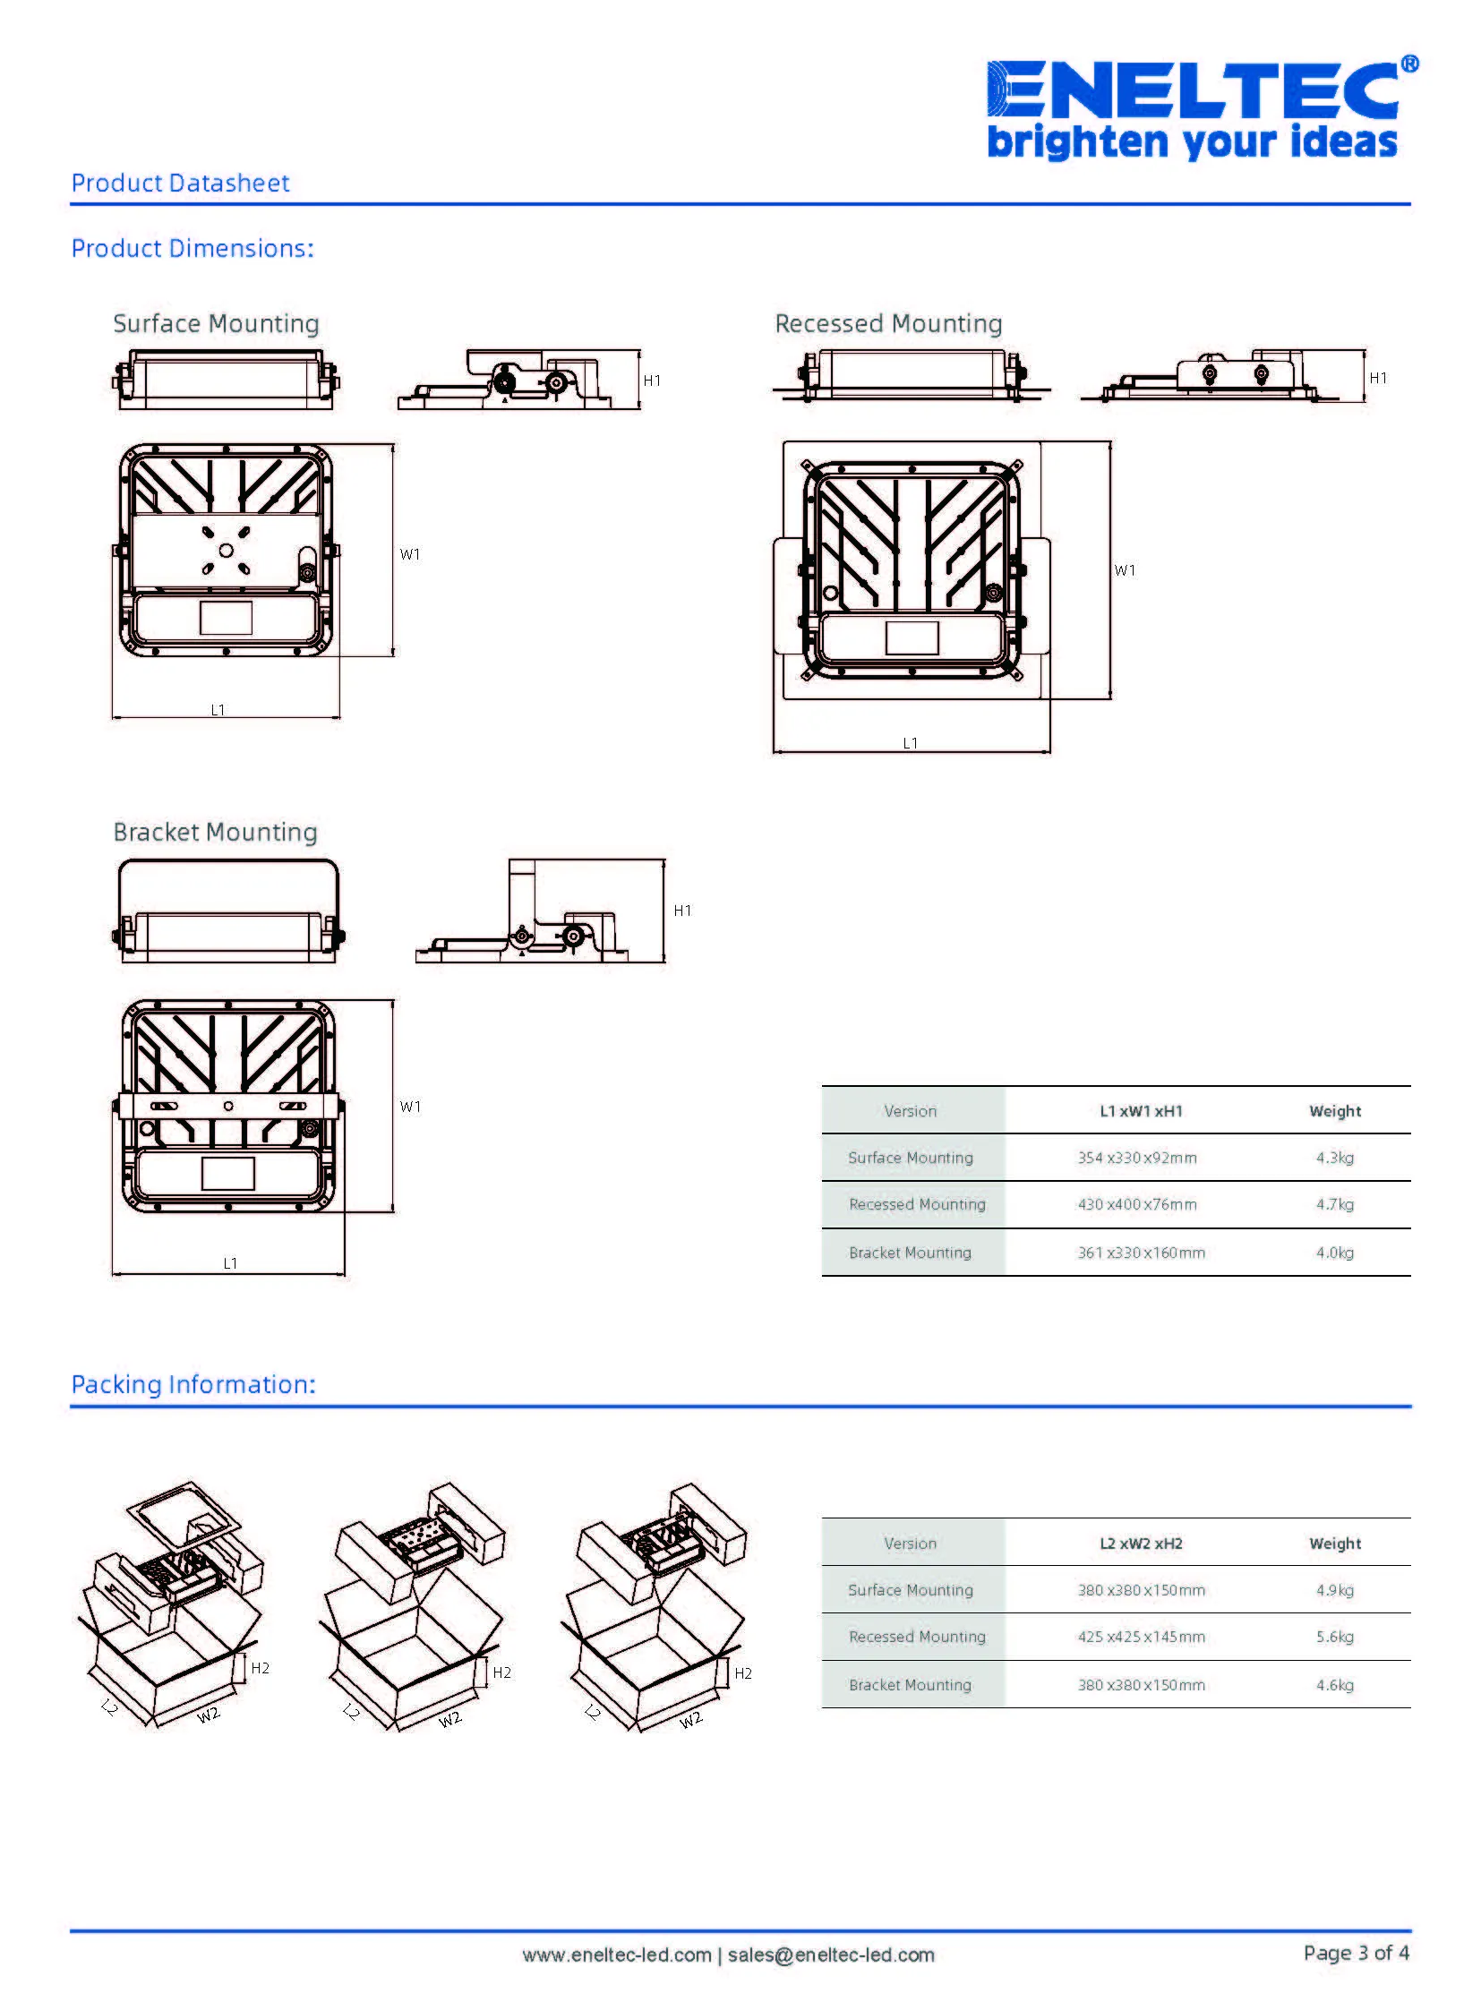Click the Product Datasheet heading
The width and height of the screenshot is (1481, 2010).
pos(180,183)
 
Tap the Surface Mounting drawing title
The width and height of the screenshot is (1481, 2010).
pos(216,323)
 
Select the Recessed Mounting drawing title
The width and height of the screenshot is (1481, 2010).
pos(888,323)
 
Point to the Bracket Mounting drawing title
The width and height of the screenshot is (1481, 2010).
pos(215,832)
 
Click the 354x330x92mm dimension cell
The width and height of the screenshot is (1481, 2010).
pos(1137,1158)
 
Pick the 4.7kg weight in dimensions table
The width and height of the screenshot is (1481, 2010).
pos(1334,1204)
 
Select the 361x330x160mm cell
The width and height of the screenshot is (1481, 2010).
pos(1141,1253)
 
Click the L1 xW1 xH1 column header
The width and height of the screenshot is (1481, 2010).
pos(1141,1111)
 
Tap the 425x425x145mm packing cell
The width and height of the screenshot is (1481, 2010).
pos(1141,1636)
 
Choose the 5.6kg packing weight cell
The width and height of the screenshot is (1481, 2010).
pos(1334,1636)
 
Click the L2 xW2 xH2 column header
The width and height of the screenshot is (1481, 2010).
pos(1141,1543)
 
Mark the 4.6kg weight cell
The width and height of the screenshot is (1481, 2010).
pos(1334,1685)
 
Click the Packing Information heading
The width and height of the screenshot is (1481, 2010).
pos(193,1384)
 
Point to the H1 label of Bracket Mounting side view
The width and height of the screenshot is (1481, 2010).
pos(682,910)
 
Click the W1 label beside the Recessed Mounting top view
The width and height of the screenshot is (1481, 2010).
pos(1125,570)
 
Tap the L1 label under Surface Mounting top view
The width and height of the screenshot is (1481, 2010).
pos(218,709)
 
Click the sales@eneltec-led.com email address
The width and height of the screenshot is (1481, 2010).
pos(830,1954)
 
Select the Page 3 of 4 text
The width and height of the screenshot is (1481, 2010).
pos(1356,1952)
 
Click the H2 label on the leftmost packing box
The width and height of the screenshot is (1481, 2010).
pos(260,1667)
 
